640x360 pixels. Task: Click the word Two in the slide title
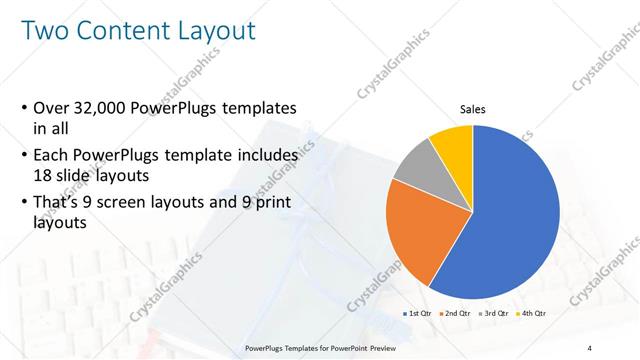coord(47,31)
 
